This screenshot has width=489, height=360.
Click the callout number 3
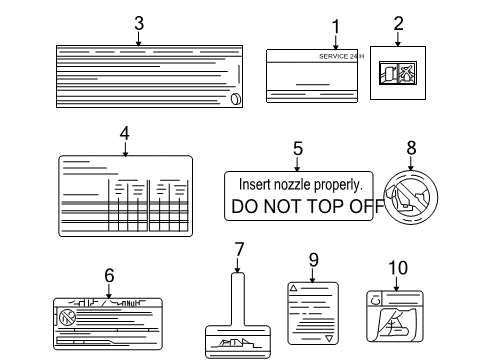pos(138,22)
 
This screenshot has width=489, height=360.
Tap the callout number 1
pos(336,25)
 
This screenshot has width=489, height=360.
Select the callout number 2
pos(398,22)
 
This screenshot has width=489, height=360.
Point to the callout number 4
pos(124,132)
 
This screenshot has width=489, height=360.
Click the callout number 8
pos(410,147)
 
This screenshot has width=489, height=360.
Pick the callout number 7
pos(238,249)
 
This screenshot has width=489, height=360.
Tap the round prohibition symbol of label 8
pos(409,195)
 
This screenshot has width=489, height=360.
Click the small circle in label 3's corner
pos(234,98)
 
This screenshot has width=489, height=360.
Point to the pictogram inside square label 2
pos(398,75)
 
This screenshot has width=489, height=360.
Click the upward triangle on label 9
pos(293,287)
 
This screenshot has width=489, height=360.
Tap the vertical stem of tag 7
pos(237,297)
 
